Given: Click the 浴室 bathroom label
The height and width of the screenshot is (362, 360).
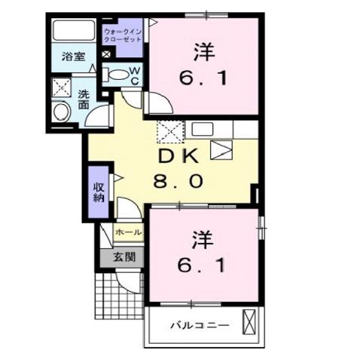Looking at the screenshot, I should point(74,57).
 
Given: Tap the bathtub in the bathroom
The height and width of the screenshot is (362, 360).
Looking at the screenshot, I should point(75,31).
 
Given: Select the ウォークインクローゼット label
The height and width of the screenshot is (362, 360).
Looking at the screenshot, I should point(122,35).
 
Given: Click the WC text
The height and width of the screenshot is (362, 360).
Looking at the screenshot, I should point(135,75).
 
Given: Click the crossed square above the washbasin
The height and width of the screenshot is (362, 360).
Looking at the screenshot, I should point(61,87).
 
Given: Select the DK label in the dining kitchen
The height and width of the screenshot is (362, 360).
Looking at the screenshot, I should point(178,158).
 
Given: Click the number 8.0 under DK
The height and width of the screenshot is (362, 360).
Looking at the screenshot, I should point(178,182).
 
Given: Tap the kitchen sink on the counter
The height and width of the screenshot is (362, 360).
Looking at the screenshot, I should point(202,129).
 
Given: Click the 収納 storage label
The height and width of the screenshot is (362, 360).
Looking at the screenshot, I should point(99,192).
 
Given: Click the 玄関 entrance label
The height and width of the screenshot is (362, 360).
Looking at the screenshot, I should point(124,256).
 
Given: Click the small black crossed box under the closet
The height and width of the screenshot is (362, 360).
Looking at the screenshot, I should point(106,54).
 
